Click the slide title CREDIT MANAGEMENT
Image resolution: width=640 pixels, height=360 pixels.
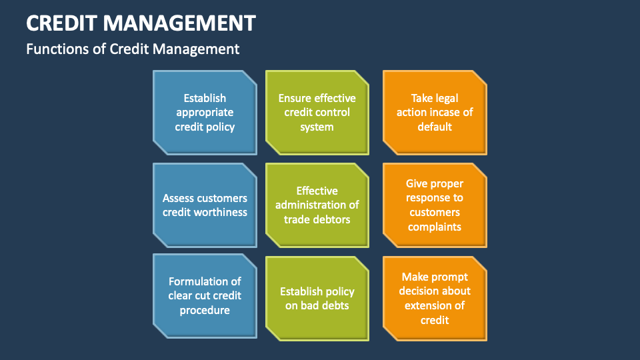(x=141, y=23)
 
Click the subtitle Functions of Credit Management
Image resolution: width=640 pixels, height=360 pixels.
(x=133, y=49)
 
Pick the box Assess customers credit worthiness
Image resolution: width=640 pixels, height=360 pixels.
(x=205, y=205)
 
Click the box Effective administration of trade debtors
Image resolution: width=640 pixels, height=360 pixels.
(x=317, y=205)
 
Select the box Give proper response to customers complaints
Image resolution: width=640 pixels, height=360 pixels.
(x=435, y=205)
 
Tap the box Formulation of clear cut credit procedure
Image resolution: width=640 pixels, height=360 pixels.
(x=205, y=296)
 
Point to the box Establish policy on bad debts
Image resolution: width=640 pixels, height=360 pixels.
(x=317, y=299)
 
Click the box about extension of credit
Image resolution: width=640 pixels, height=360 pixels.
(x=435, y=299)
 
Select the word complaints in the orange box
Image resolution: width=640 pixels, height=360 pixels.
(x=435, y=227)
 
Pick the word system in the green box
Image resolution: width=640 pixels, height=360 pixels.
(x=317, y=127)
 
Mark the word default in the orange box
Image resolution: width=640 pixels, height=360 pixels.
(x=435, y=127)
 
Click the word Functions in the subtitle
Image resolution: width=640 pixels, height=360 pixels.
(x=56, y=49)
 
